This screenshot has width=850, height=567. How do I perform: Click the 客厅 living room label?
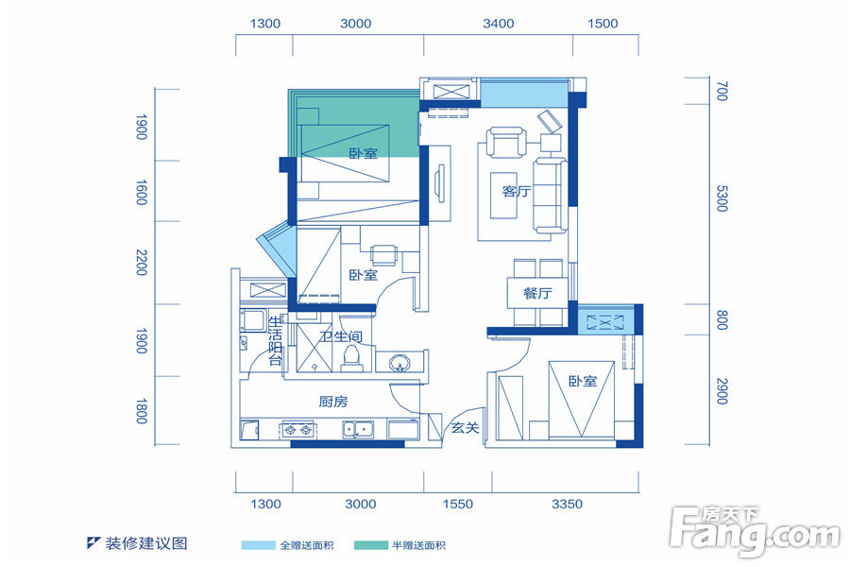(x=516, y=191)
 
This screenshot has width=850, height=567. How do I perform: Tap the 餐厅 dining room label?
(x=537, y=294)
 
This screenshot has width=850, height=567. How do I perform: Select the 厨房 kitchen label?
(x=332, y=402)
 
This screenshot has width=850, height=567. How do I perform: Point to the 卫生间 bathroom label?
(x=341, y=336)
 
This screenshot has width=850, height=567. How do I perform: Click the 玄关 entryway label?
(x=465, y=428)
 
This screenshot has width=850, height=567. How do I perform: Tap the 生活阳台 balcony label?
(x=276, y=341)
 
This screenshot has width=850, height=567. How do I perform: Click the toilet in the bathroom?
(x=352, y=359)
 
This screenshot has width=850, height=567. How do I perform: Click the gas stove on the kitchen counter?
(x=298, y=430)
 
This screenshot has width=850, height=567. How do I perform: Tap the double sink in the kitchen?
(x=358, y=430)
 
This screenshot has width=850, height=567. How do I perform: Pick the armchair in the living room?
(x=506, y=142)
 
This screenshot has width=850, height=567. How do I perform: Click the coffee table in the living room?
(x=503, y=196)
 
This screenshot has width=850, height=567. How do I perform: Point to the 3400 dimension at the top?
(x=498, y=24)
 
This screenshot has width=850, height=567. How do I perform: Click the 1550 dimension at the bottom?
(x=458, y=504)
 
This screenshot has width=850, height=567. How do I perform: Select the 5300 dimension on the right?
(x=722, y=198)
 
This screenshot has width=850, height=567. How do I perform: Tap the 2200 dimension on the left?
(x=142, y=262)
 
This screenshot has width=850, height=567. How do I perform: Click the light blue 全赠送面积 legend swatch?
(x=258, y=545)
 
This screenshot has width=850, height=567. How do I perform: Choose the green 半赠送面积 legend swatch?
(x=371, y=545)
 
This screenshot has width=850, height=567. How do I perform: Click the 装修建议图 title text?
(x=146, y=543)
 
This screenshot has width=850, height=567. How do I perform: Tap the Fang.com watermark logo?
(x=756, y=530)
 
